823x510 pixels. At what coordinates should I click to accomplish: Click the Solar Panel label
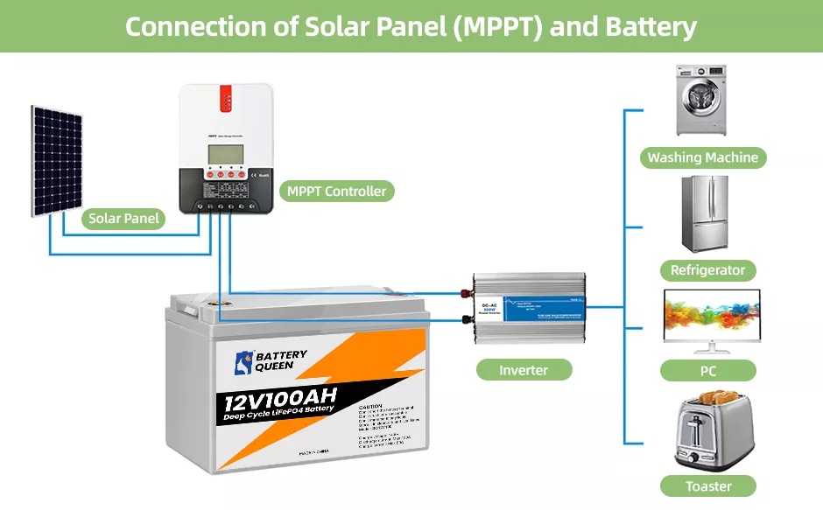124,219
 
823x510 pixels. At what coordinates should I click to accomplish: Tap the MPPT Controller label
336,191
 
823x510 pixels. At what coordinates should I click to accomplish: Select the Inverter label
524,370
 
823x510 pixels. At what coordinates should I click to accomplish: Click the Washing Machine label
702,158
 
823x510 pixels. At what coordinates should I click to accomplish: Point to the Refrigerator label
707,270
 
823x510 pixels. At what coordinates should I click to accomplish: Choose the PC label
708,371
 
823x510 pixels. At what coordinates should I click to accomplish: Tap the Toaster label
708,486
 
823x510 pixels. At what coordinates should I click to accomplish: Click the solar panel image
58,161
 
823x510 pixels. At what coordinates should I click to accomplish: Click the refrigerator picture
706,213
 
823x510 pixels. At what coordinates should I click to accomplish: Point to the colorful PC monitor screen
712,314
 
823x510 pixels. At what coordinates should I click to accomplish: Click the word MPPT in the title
482,26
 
